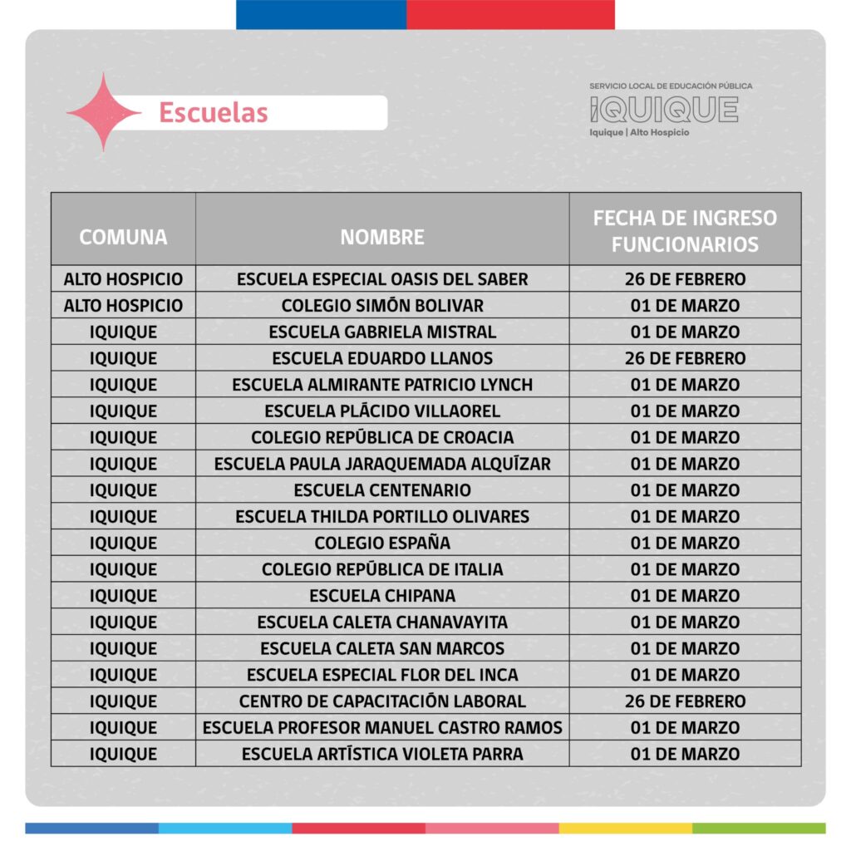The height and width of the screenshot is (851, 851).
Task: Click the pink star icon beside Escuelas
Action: point(103,112)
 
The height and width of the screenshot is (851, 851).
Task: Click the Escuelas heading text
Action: point(214,112)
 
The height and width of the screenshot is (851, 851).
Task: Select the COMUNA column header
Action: point(123,237)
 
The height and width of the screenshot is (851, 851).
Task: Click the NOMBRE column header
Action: point(382,237)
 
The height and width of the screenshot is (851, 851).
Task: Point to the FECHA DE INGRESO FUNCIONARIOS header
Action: point(685,230)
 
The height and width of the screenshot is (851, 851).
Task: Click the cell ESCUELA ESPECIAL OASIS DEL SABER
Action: point(382,279)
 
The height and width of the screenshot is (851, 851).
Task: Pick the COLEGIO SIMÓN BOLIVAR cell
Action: point(382,306)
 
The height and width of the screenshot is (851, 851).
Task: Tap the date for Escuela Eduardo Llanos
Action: point(685,358)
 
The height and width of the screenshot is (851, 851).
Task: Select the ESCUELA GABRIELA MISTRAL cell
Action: point(382,332)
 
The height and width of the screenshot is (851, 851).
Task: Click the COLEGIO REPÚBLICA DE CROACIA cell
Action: point(382,437)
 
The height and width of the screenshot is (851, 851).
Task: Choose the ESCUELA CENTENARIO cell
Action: point(382,490)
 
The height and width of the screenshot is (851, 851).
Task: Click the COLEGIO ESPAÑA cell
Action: point(382,544)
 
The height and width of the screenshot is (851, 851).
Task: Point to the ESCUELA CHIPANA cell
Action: point(382,596)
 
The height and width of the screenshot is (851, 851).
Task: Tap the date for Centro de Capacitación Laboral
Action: point(685,701)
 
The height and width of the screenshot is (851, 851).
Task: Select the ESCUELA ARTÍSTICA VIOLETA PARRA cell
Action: point(382,755)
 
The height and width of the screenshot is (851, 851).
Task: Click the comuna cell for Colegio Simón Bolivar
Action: point(123,306)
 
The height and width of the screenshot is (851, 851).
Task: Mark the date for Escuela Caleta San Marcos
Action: point(685,648)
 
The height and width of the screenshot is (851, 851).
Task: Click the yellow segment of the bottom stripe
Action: point(625,829)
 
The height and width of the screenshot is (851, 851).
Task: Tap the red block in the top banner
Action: point(510,14)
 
